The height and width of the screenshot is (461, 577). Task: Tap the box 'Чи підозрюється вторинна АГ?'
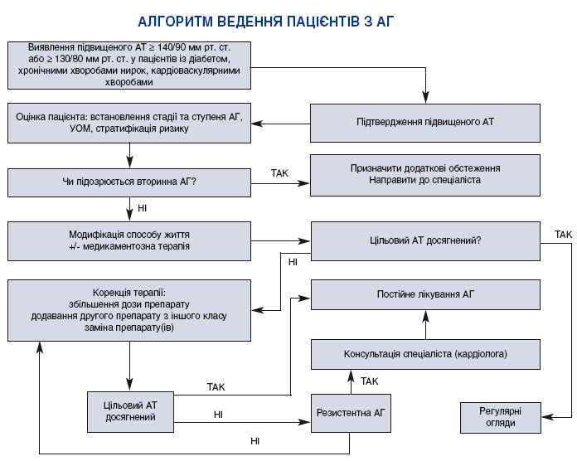tap(129, 182)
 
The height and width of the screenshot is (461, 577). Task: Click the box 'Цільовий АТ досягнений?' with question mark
tap(425, 241)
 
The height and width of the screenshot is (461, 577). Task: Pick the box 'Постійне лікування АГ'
tap(425, 294)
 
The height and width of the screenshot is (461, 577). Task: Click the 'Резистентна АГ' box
tap(350, 412)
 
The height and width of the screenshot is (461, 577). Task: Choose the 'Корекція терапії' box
tap(129, 309)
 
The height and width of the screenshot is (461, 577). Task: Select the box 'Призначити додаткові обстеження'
tap(425, 175)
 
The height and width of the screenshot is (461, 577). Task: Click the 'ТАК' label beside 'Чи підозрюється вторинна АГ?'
tap(280, 173)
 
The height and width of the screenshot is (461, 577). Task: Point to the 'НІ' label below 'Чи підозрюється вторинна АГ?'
tap(143, 207)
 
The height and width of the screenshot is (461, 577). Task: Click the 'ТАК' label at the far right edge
tap(563, 235)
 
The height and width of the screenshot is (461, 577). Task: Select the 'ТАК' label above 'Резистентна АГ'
tap(370, 381)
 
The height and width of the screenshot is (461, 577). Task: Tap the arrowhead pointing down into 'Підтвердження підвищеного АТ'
tap(425, 97)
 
